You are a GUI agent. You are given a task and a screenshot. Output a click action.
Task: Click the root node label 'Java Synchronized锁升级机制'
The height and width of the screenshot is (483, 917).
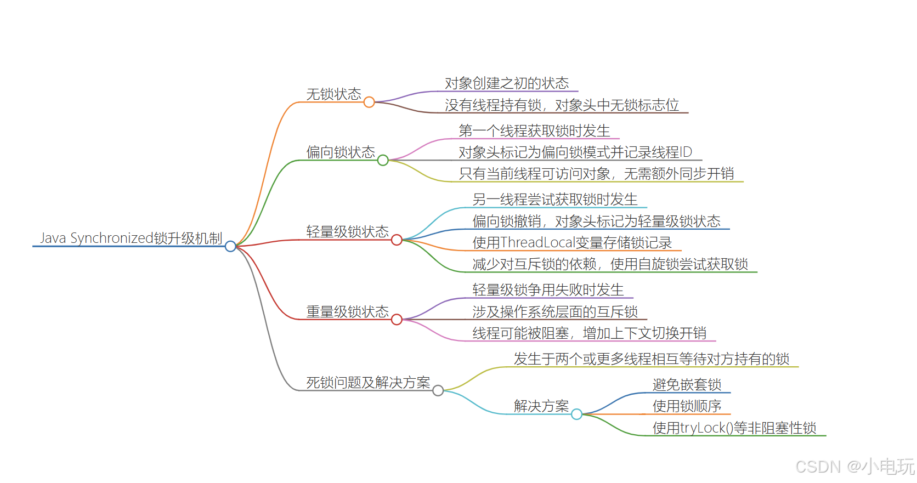tap(131, 238)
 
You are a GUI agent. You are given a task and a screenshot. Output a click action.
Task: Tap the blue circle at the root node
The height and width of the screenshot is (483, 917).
tap(230, 246)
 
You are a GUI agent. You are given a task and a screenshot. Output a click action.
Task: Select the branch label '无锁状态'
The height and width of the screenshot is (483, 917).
tap(333, 94)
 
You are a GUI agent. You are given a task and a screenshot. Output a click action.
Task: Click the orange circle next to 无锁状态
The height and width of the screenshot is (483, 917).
tap(369, 102)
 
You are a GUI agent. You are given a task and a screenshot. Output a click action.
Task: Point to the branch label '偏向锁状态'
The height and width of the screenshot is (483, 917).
tap(341, 152)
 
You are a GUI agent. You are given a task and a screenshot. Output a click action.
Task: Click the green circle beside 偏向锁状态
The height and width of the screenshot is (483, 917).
tap(383, 160)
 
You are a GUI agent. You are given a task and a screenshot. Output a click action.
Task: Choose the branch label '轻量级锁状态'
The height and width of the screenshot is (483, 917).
tap(347, 231)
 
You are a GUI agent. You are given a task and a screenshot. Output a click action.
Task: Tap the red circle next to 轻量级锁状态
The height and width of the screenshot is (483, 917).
tap(397, 240)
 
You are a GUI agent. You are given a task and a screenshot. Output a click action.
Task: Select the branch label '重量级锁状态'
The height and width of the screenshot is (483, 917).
tap(347, 311)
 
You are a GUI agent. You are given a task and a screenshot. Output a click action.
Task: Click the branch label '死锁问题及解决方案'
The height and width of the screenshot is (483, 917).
tap(368, 382)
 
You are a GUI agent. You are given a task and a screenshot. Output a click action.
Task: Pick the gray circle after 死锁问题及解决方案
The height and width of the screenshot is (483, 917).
tap(438, 390)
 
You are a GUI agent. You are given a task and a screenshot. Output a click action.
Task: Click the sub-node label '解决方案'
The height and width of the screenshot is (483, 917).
tap(541, 406)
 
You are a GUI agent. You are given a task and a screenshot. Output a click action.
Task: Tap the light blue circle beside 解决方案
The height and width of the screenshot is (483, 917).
tap(576, 414)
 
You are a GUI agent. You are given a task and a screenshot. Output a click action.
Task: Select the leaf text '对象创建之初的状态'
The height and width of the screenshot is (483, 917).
tap(507, 83)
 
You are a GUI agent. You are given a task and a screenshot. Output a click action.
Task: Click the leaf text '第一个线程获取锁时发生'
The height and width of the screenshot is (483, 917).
tap(534, 130)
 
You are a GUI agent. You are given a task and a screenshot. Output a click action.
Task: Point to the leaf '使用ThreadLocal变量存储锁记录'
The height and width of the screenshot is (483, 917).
tap(572, 242)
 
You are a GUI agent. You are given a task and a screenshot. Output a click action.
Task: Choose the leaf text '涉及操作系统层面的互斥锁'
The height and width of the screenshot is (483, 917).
tap(555, 311)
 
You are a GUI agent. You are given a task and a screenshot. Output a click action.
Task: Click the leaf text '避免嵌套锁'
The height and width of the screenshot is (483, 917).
tap(687, 385)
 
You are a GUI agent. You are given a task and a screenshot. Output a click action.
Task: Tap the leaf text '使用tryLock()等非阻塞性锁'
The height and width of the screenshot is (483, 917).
tap(734, 428)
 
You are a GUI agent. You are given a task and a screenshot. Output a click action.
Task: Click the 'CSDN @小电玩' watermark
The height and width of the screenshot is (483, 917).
tap(854, 467)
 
